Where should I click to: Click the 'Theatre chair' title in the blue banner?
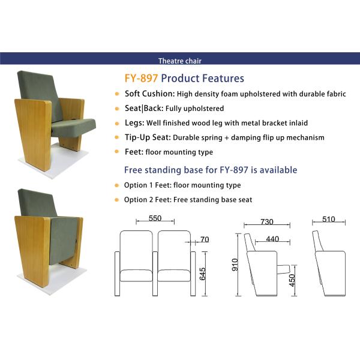coord(180,61)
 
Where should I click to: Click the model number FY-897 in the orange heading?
coord(141,78)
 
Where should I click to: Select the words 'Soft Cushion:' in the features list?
coord(149,94)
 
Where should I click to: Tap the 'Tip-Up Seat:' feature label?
coord(148,137)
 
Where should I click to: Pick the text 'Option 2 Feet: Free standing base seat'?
coord(188,199)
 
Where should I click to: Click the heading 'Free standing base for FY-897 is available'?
coord(210,170)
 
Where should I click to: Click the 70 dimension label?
coord(205,240)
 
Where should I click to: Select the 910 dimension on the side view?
coord(235,265)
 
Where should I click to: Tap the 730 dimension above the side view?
coord(266,222)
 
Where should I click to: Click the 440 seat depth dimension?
coord(272,239)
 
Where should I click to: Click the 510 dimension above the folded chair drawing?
coord(328,220)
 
